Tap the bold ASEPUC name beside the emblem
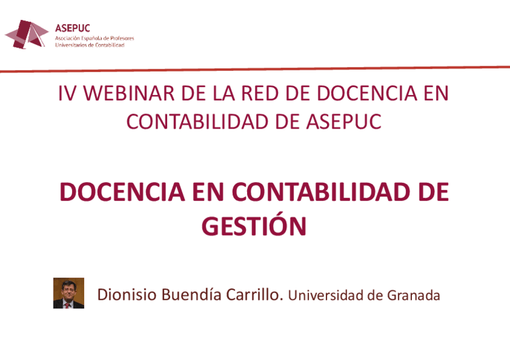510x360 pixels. coord(72,28)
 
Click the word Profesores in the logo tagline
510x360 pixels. coord(121,38)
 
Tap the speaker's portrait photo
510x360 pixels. coord(69,293)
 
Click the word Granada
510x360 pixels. coord(414,296)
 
